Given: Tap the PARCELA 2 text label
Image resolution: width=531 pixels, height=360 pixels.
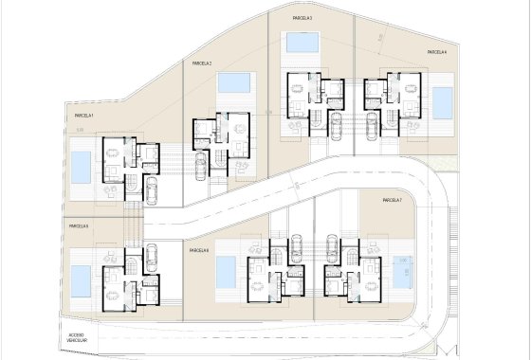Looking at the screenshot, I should pos(201,63).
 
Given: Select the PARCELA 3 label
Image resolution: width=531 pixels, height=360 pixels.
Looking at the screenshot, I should pos(302,18).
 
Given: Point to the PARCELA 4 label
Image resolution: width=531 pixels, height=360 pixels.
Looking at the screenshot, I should pos(436,52).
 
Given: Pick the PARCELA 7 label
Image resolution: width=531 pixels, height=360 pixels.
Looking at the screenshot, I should pos(393,201).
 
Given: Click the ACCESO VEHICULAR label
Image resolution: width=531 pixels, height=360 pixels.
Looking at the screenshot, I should pos(77,338).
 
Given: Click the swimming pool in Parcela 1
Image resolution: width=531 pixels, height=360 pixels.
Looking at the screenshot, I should pos(82,168).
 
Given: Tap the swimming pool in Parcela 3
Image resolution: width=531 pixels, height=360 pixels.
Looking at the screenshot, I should pos(302,44).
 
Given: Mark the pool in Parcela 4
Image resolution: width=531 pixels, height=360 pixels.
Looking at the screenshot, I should pos(443,100).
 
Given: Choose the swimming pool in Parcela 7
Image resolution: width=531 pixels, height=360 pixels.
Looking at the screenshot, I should pos(399,271).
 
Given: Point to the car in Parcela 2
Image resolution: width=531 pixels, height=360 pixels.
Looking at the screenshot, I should pos(200,167).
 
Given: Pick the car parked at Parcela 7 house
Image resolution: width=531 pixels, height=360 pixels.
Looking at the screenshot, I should pos(331,248).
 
